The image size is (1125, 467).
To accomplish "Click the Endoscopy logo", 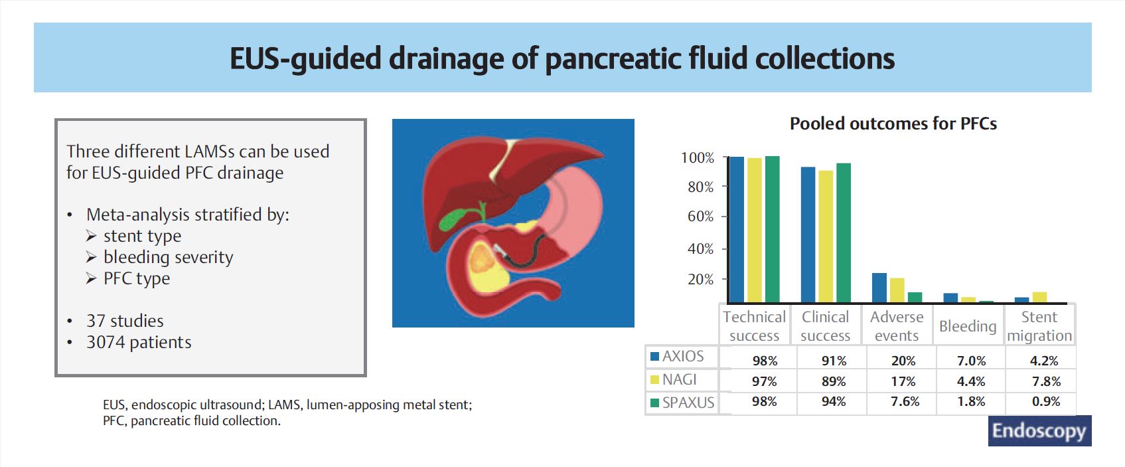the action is (x=1039, y=431).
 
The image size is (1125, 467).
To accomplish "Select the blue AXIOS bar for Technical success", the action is (x=736, y=230).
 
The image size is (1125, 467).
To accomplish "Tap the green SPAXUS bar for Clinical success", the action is (x=843, y=233).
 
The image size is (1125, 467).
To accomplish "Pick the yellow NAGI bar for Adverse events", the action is (x=897, y=290).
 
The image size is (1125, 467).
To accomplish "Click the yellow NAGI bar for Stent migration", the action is (x=1039, y=298).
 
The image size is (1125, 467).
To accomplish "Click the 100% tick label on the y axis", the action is (x=697, y=158).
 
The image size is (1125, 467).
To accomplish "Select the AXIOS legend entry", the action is (x=677, y=356).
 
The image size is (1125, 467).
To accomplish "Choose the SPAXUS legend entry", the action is (x=682, y=403).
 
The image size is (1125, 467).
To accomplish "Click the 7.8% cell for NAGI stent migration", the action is (x=1046, y=381).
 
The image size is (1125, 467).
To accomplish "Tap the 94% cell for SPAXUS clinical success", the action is (x=833, y=402).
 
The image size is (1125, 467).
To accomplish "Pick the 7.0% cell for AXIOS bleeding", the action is (x=971, y=361).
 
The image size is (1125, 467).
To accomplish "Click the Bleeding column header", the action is (x=967, y=326).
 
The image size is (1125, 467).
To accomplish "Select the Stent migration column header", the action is (x=1039, y=326).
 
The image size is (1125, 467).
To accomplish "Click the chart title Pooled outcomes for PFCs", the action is (x=893, y=124).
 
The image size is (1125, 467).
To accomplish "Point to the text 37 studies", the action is (x=125, y=321).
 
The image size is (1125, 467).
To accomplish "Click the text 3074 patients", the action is (x=139, y=342).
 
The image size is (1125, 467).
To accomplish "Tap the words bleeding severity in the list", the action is (x=168, y=257).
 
